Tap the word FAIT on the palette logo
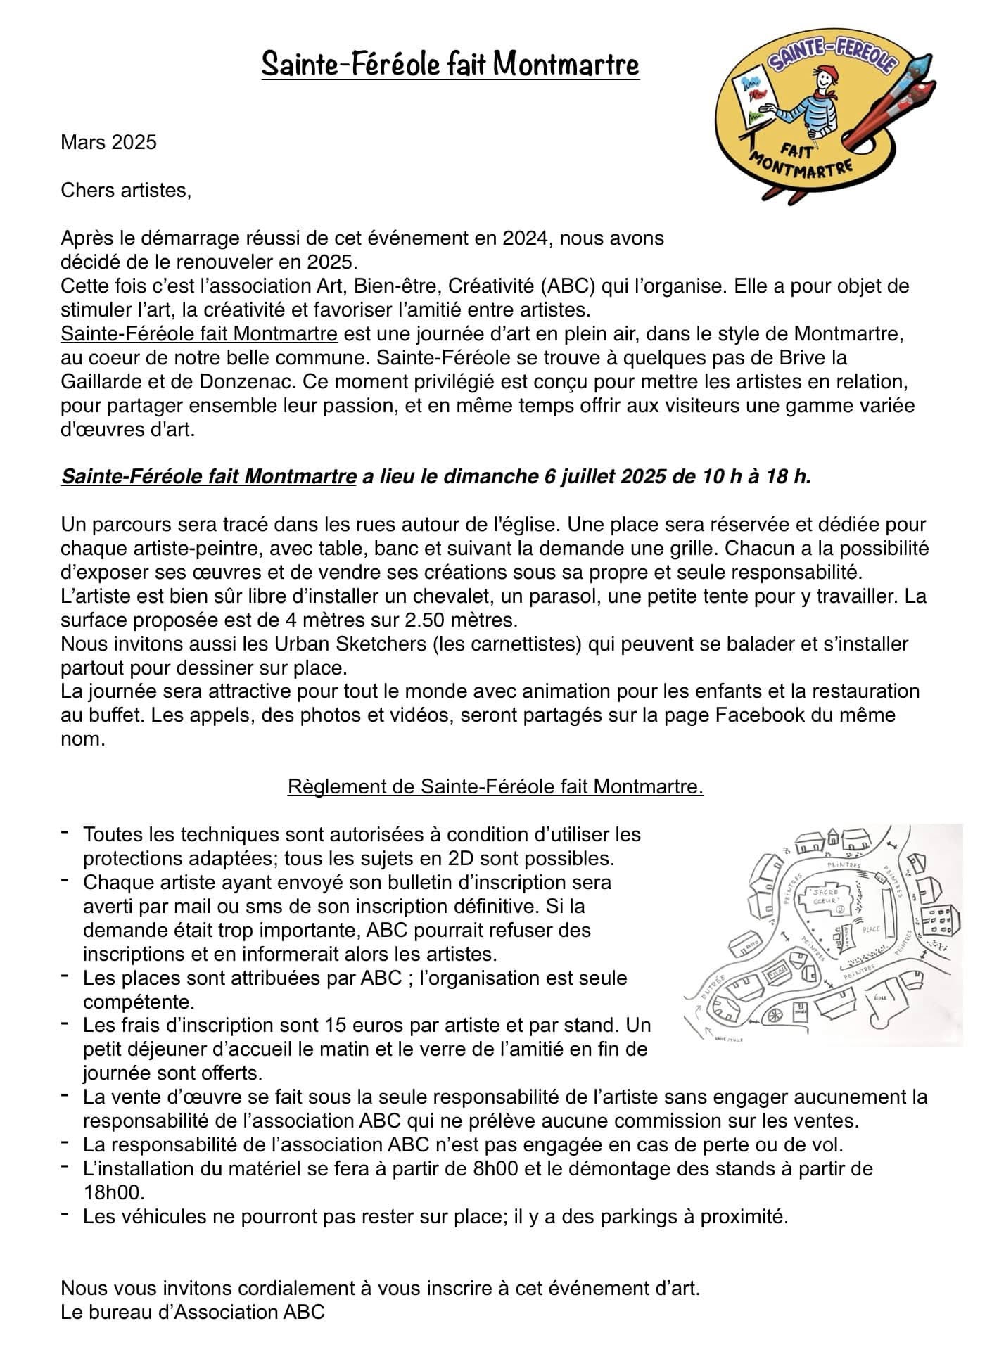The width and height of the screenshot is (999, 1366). (798, 149)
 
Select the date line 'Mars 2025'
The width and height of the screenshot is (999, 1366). (108, 143)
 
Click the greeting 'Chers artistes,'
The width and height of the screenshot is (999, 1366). (126, 191)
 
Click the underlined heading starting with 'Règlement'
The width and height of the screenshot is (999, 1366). (495, 787)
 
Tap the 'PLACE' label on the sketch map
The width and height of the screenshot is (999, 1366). (870, 929)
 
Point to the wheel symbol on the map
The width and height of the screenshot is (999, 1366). (774, 1014)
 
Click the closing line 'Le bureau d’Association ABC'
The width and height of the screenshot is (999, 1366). (193, 1312)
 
